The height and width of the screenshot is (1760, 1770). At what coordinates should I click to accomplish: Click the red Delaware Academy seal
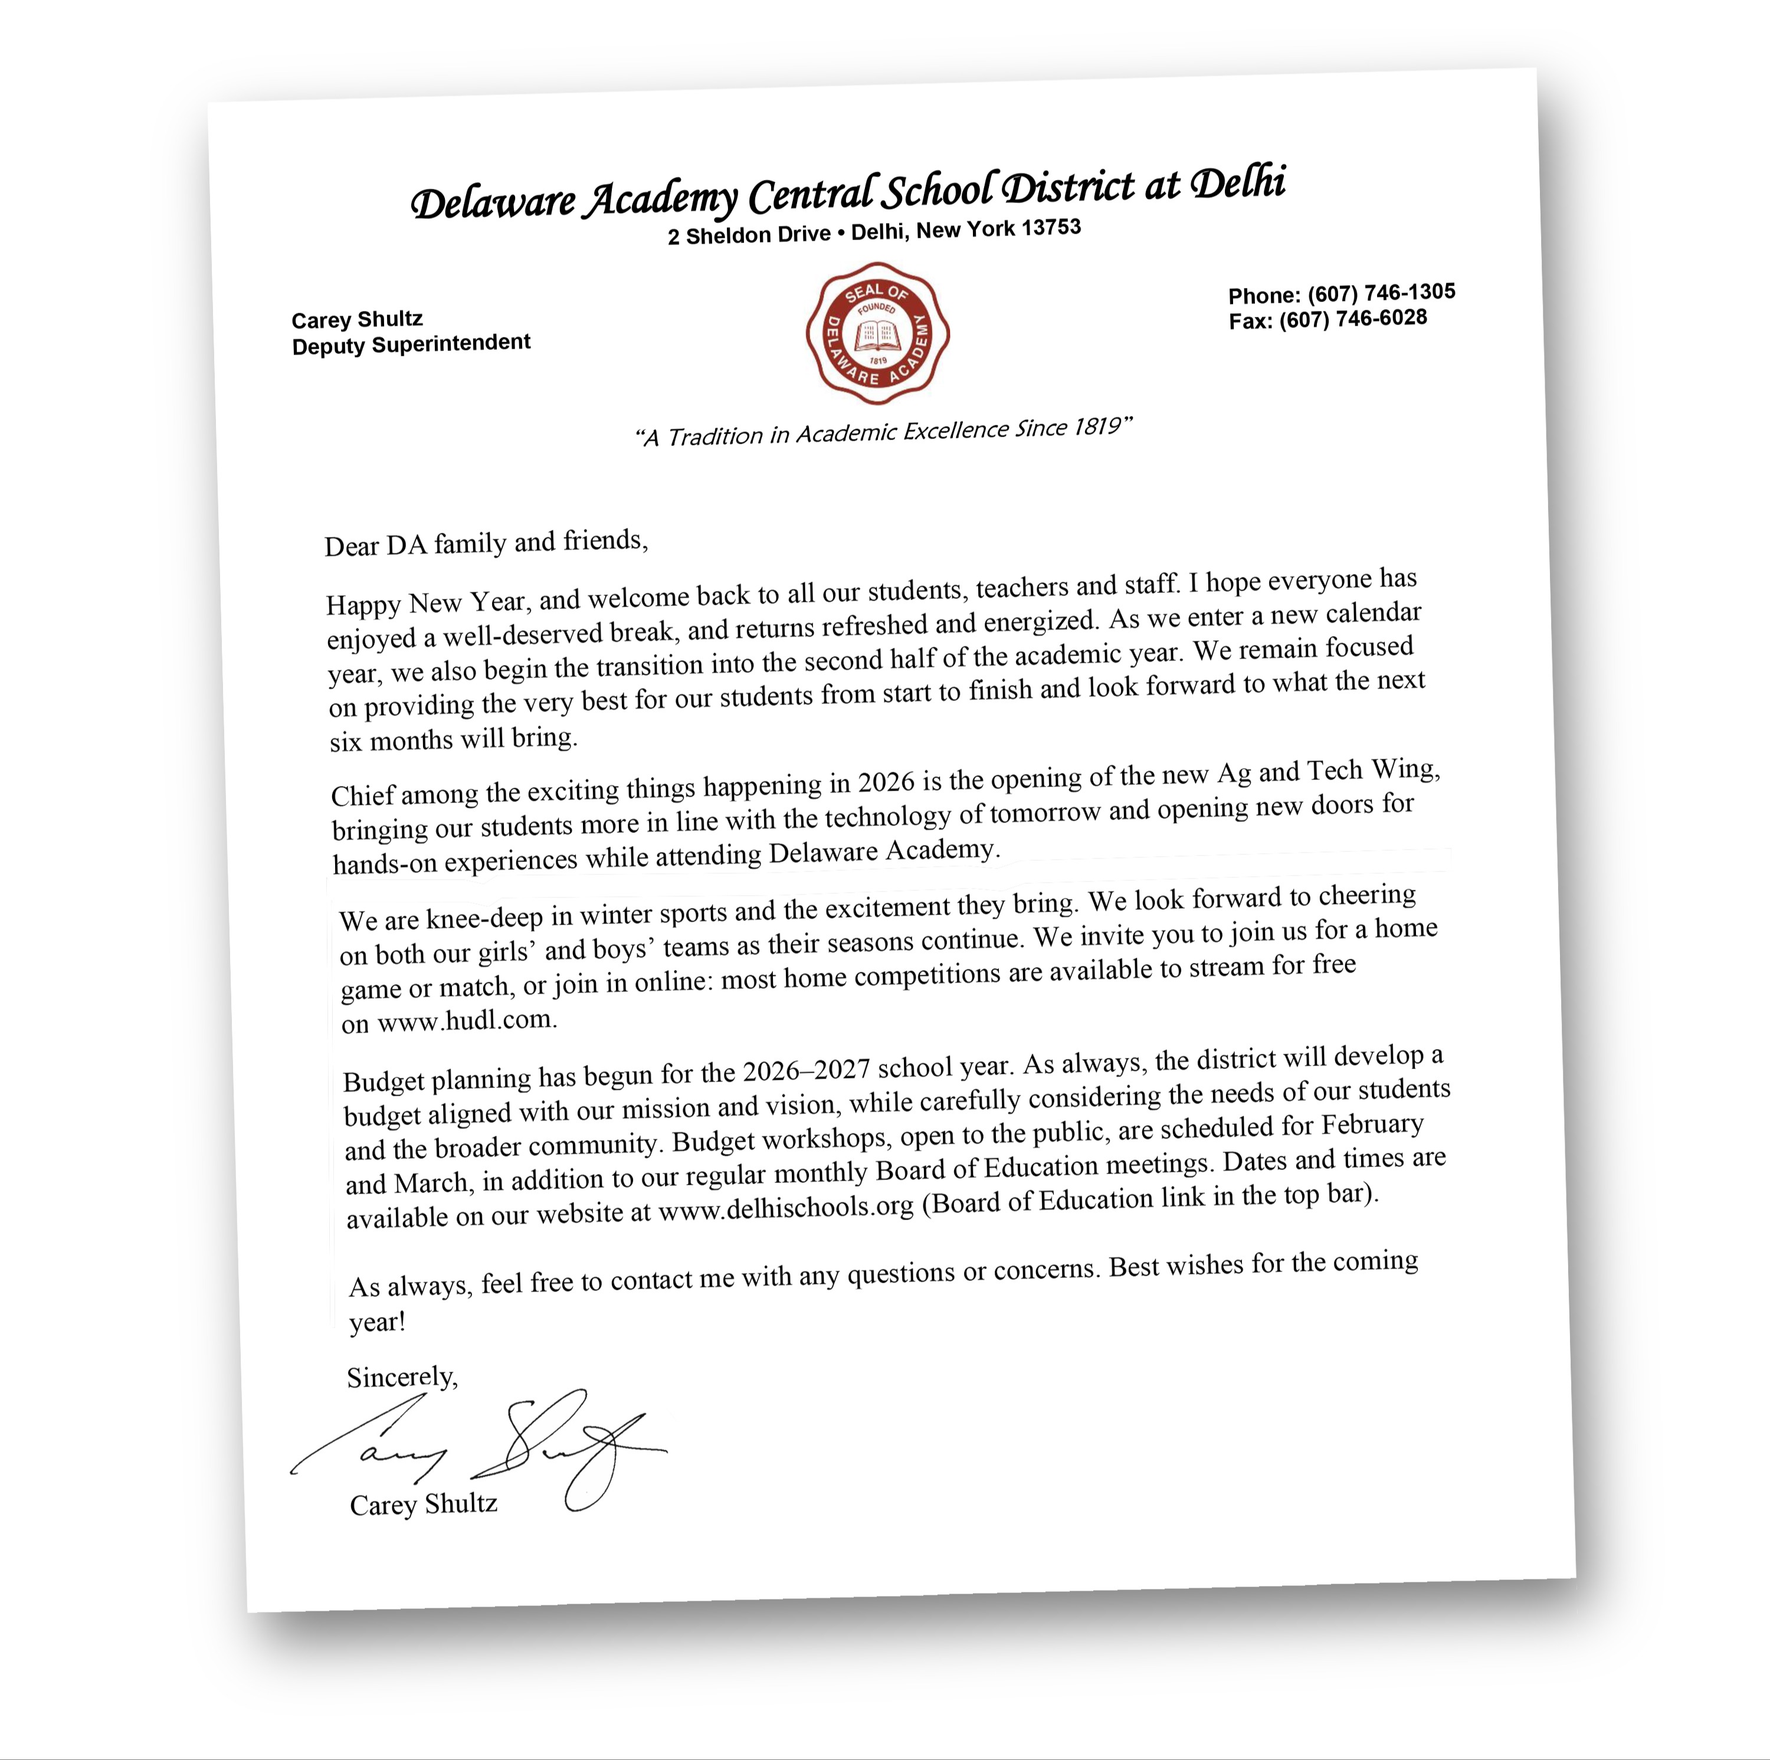[x=877, y=333]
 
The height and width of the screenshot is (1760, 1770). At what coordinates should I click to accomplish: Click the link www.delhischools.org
[x=785, y=1208]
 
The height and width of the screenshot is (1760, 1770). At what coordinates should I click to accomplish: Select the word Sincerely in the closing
[x=401, y=1378]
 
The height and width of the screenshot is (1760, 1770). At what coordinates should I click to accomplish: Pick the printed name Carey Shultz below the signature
[x=423, y=1505]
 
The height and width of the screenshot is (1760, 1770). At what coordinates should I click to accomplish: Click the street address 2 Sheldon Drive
[x=749, y=235]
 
